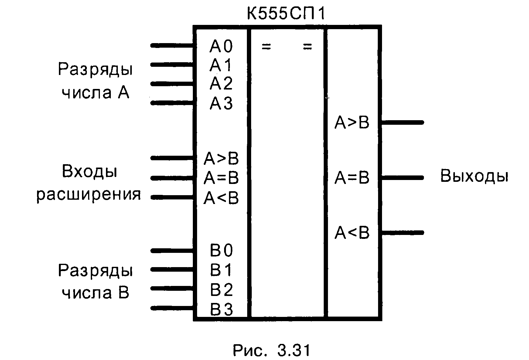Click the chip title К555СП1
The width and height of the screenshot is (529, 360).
286,14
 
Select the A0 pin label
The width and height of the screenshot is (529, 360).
221,46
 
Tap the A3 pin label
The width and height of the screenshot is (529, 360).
221,104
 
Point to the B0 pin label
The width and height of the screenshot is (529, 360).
221,251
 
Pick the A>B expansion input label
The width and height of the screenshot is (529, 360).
221,159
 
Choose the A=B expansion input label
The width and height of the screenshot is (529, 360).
221,178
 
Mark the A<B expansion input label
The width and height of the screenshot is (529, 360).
221,198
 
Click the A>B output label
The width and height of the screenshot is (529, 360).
352,123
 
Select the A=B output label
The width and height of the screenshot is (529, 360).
352,178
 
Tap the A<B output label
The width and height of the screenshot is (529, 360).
352,233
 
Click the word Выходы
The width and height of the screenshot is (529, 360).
474,176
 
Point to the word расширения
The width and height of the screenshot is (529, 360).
89,195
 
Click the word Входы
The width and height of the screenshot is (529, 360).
90,172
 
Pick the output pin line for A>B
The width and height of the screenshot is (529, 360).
402,122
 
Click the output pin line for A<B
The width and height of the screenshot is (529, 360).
402,233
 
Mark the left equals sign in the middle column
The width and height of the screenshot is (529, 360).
266,47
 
